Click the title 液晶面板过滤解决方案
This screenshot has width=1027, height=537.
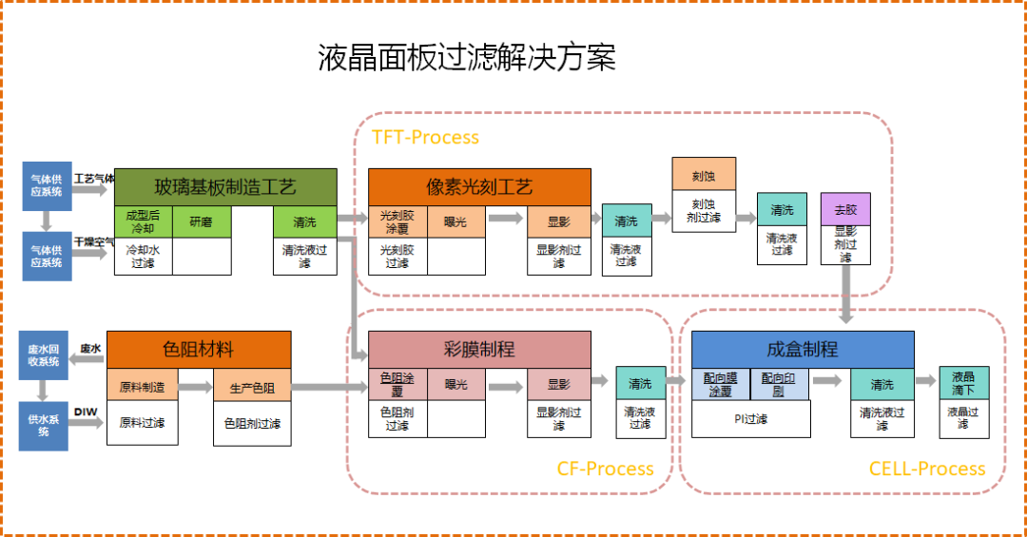466,57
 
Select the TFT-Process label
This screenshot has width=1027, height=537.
425,137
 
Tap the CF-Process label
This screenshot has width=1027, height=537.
605,469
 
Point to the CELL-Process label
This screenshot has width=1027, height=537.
926,469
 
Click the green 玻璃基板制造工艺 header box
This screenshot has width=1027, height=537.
225,186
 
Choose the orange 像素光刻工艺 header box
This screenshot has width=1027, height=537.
479,186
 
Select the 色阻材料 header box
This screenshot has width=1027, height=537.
198,349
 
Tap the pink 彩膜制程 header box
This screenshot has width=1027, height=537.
479,349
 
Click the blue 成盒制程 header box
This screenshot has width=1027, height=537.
802,349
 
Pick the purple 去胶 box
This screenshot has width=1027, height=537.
845,209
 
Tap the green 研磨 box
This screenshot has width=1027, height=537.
202,222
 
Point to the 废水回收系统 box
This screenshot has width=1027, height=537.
43,356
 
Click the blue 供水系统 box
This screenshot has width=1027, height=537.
43,425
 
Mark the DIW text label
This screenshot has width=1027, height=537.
87,412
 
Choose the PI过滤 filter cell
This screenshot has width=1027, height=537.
750,418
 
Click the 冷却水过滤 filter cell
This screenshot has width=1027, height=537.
143,257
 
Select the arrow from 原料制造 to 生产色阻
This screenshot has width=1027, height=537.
195,387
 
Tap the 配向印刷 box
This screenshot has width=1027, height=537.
780,384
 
